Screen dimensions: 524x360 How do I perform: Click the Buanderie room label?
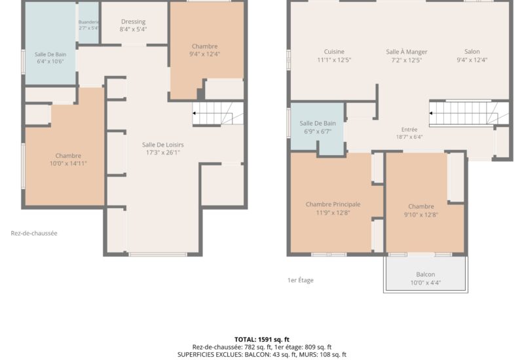[x=88, y=22]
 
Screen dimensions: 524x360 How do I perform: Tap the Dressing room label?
[x=134, y=22]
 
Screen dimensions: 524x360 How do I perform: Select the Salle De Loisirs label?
[x=162, y=145]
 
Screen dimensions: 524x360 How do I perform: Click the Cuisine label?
[x=334, y=52]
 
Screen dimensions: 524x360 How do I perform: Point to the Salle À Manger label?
[x=407, y=52]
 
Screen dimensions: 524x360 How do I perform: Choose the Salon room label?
[x=472, y=52]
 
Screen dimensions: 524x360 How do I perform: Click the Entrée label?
[x=409, y=130]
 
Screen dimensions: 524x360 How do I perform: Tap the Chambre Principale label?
[x=333, y=204]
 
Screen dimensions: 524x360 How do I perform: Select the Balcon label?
[x=425, y=274]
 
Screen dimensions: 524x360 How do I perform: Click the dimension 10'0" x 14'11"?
[x=68, y=164]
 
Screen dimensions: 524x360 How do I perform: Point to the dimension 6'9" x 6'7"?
[x=318, y=132]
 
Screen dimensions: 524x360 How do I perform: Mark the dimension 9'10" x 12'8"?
[x=421, y=215]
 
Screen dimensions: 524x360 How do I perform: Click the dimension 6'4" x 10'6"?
[x=50, y=62]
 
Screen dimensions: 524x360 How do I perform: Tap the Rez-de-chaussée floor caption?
[x=34, y=234]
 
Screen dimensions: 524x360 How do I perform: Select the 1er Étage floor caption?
[x=301, y=280]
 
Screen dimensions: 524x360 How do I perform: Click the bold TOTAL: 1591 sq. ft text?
[x=262, y=340]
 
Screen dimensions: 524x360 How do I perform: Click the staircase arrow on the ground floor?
[x=194, y=113]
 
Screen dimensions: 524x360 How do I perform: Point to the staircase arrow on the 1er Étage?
[x=431, y=113]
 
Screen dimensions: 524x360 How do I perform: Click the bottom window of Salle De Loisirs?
[x=158, y=255]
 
